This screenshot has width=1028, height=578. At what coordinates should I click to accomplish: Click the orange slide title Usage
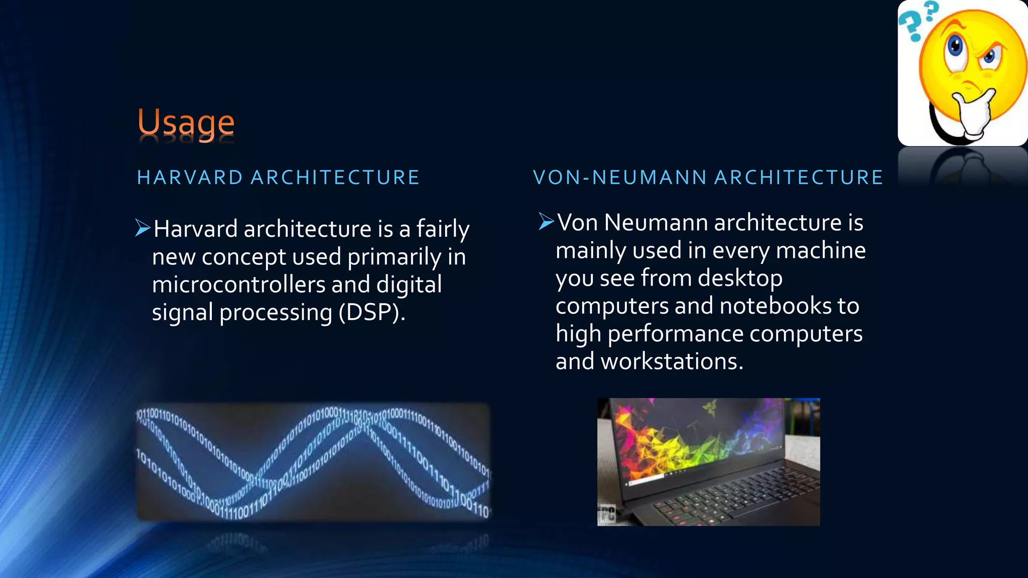tap(186, 123)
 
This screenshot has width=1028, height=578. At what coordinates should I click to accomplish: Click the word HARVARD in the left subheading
tap(190, 178)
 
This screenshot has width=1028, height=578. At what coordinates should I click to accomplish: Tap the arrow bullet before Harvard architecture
tap(143, 228)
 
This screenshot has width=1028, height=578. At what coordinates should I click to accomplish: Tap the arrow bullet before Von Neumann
tap(546, 221)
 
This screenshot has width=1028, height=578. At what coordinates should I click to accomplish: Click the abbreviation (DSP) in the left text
tap(371, 313)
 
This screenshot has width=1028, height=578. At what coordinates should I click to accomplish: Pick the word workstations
tap(671, 362)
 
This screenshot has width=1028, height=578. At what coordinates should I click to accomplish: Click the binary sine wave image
tap(312, 462)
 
